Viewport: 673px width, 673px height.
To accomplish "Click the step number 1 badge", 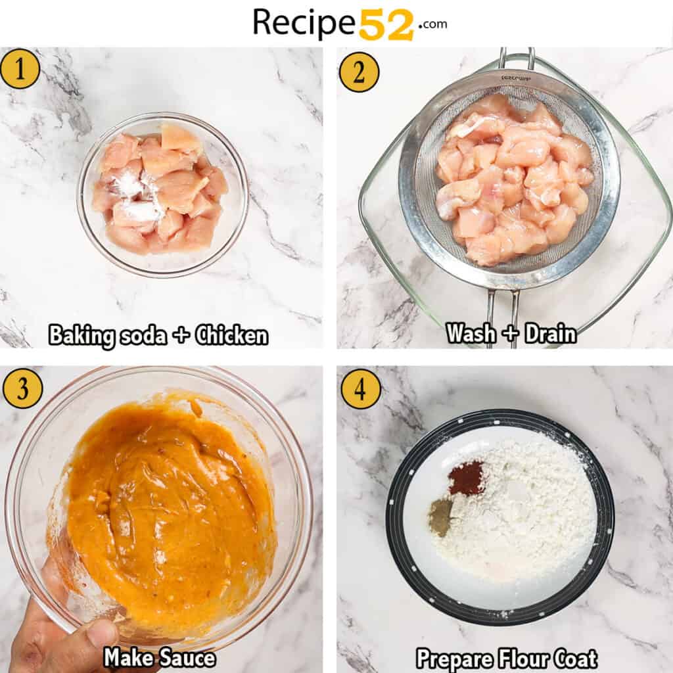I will pos(20,69).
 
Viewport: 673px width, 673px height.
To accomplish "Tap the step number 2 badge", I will pos(359,72).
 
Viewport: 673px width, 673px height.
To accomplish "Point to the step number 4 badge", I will pos(360,389).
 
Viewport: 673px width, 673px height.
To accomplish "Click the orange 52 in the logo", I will pos(386,24).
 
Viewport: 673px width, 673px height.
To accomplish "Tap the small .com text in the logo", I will pos(432,24).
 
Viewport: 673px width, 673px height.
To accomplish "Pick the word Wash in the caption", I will pos(471,333).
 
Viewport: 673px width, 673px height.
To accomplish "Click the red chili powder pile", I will pos(466,478).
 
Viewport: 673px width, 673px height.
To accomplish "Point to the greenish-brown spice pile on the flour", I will pos(440,517).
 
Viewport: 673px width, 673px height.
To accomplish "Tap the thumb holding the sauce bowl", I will pos(99,635).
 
